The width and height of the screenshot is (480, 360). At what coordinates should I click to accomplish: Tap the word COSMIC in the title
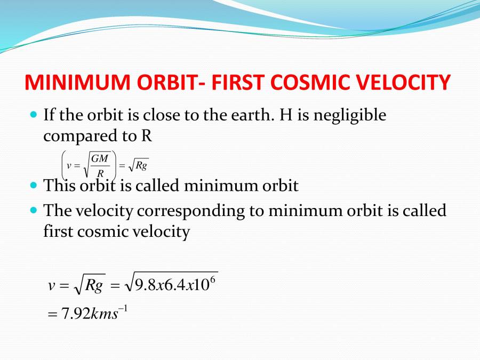pyautogui.click(x=302, y=83)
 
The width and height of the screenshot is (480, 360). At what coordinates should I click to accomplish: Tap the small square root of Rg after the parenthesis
pyautogui.click(x=137, y=165)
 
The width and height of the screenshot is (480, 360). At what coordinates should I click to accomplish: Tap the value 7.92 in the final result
pyautogui.click(x=75, y=314)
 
